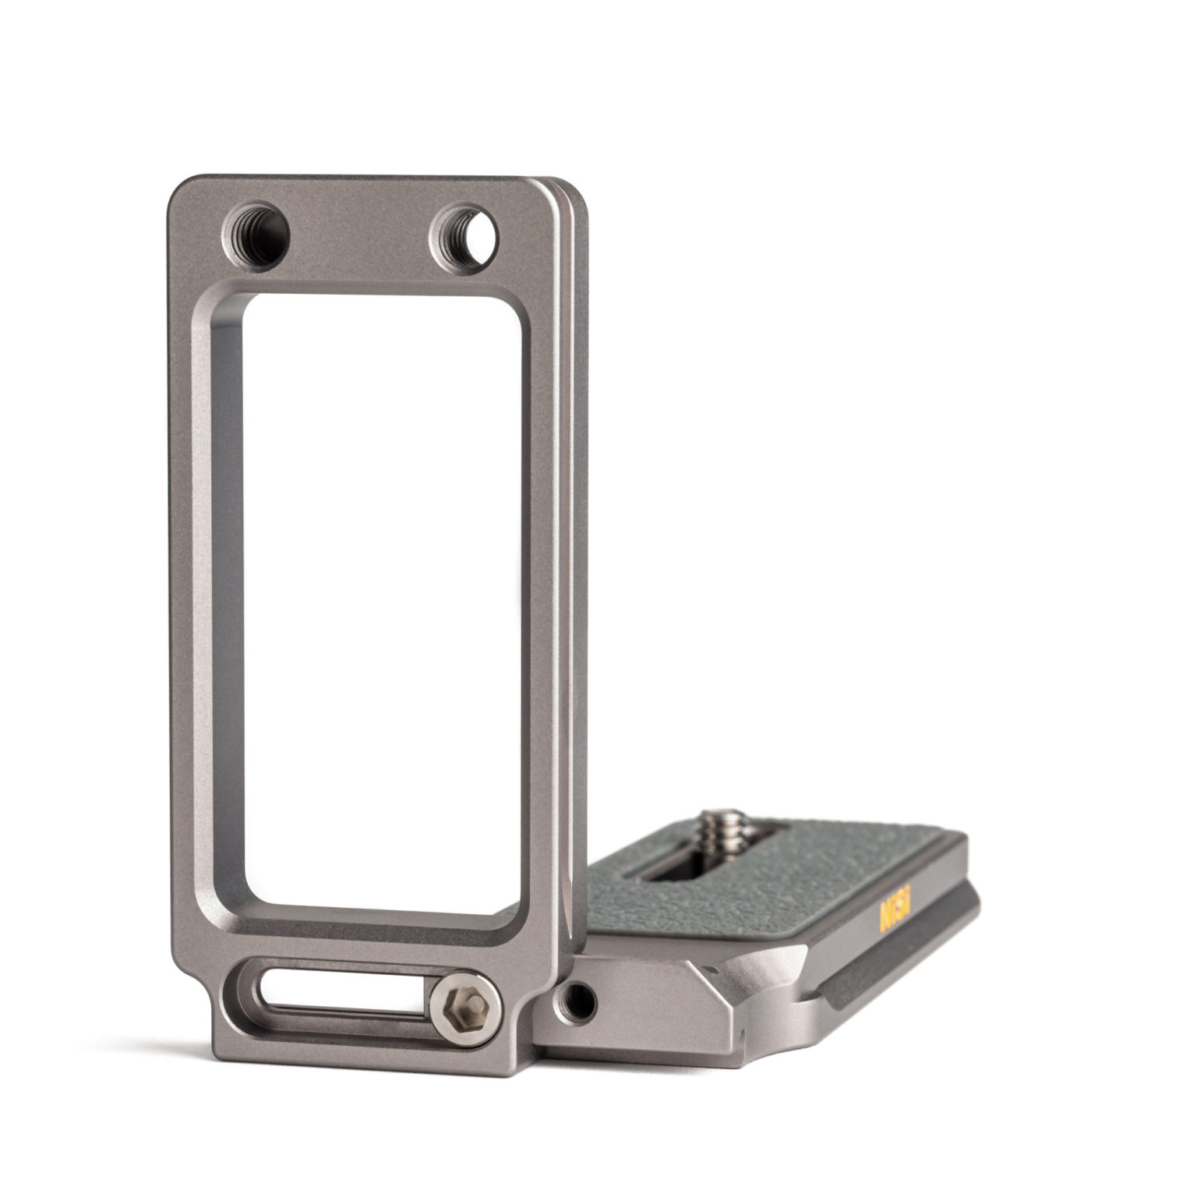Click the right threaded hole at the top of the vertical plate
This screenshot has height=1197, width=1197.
465,233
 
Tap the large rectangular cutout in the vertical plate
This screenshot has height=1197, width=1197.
382,600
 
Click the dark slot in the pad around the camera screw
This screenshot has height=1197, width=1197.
686,865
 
